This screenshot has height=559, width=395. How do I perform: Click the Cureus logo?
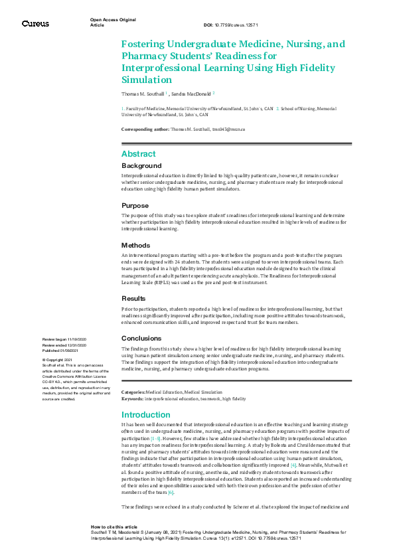coord(35,24)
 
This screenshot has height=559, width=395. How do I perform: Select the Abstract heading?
coord(138,153)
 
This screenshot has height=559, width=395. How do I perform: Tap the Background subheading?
coord(141,165)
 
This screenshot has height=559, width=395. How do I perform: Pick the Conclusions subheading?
coord(141,338)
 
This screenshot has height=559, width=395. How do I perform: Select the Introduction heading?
coord(145,414)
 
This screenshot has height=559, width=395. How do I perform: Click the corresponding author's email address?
coord(228,129)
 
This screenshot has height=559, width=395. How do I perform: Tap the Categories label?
coord(133,392)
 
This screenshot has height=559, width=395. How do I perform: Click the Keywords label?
coord(132,398)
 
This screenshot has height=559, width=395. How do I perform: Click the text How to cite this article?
coord(113,525)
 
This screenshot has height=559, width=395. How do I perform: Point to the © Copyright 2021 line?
coord(58,360)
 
